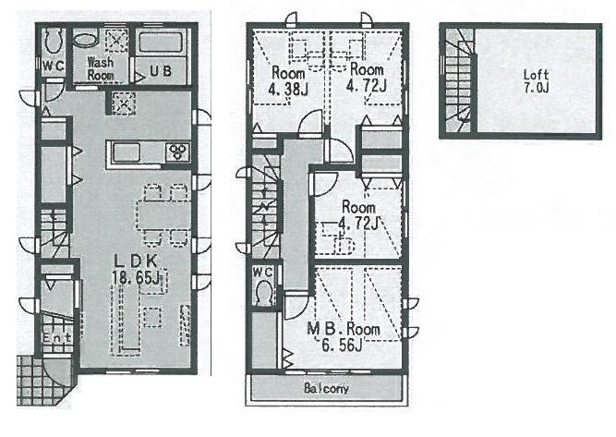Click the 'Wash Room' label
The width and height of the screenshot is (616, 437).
[101, 69]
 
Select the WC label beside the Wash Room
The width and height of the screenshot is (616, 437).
[51, 66]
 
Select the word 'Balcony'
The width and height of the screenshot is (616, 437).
[326, 389]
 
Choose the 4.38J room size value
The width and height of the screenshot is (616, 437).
[287, 88]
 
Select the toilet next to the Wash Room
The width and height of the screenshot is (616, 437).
[54, 42]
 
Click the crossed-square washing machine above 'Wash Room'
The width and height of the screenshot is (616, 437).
[117, 42]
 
